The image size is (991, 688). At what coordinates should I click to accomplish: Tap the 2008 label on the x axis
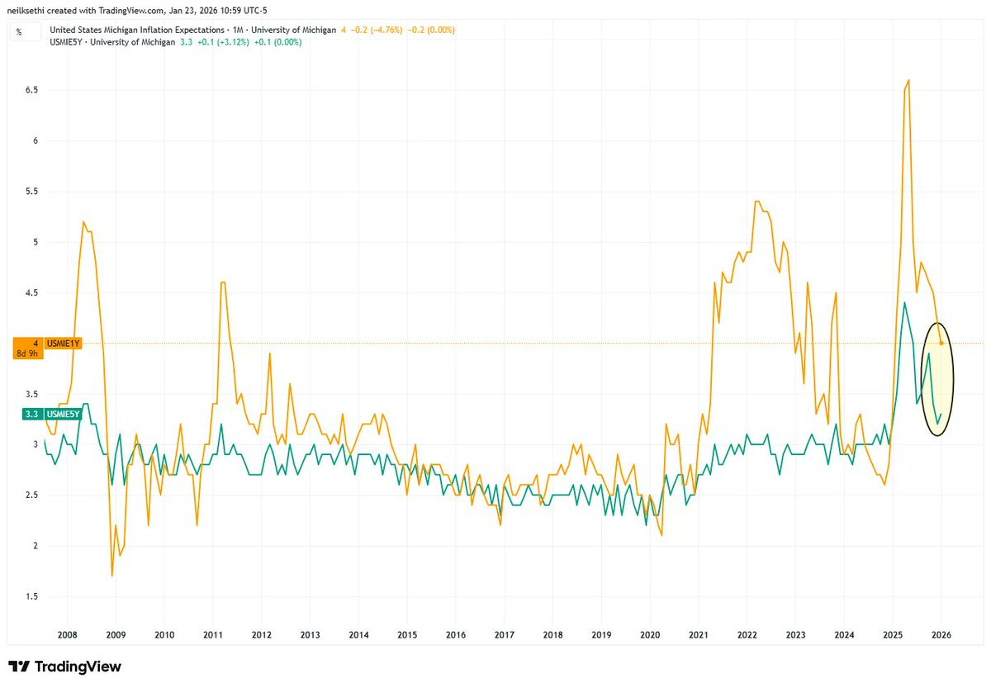(67, 635)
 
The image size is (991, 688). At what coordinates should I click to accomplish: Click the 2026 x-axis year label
(941, 635)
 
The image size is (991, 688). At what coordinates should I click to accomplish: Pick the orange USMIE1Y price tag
(63, 343)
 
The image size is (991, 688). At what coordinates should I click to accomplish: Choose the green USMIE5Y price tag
(63, 414)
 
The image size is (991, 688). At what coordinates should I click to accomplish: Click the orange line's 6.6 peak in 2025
(908, 80)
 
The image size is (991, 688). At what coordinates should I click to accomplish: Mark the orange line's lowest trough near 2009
(111, 576)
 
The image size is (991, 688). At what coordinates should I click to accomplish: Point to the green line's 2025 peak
(904, 302)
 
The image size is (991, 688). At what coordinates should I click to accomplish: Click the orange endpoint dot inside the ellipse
(941, 343)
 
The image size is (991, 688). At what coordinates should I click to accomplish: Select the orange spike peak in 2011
(223, 282)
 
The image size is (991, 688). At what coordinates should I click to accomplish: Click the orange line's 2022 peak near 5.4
(757, 201)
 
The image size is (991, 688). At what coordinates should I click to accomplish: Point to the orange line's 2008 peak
(83, 221)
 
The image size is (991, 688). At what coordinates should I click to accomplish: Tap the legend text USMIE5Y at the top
(68, 41)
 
